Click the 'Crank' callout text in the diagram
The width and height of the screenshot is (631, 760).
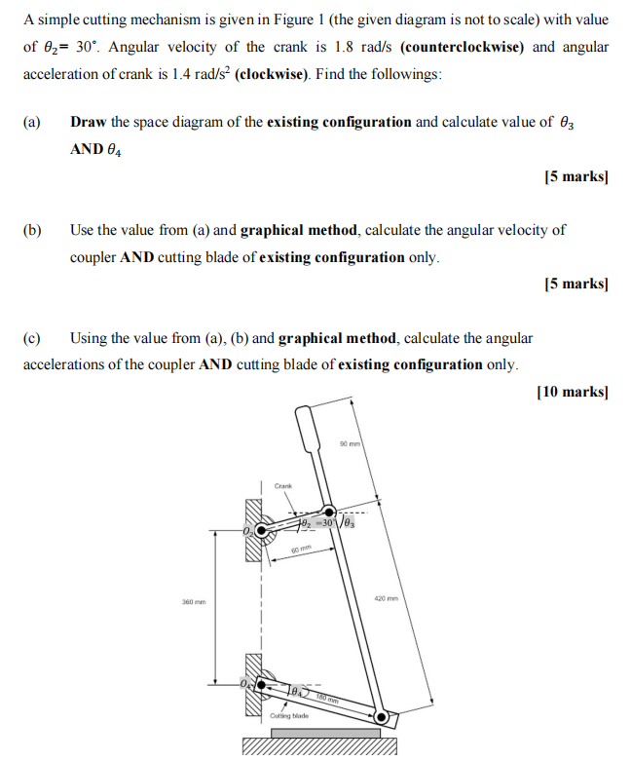pos(283,484)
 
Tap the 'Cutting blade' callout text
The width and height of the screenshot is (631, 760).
pos(288,716)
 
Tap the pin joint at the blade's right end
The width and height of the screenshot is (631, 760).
pos(383,719)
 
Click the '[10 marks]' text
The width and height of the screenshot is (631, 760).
pos(572,392)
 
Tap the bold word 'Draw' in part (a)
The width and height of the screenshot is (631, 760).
pos(89,123)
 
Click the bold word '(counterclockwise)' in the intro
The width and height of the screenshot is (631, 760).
pos(464,47)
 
